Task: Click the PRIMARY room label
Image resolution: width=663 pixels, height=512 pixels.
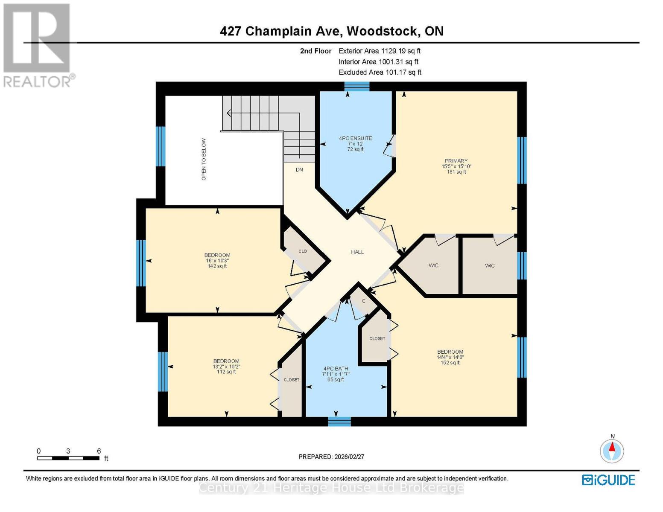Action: tap(456, 161)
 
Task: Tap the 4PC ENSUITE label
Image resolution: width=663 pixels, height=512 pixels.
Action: tap(355, 138)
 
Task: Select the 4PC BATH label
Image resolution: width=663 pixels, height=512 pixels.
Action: tap(336, 369)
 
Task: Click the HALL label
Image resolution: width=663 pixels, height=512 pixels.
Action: tap(357, 252)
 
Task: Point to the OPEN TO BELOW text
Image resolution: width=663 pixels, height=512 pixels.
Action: tap(204, 159)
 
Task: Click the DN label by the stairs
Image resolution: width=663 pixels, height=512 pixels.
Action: tap(299, 169)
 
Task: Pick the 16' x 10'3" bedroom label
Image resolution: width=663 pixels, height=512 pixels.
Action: tap(217, 256)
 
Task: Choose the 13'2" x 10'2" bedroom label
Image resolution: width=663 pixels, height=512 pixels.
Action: tap(226, 361)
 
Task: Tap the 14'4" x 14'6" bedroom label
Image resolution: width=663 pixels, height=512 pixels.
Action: tap(450, 352)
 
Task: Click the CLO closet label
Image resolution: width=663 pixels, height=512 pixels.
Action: tap(302, 251)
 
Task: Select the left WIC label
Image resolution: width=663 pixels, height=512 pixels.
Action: tap(433, 265)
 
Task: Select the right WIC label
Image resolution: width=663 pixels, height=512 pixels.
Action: tap(490, 265)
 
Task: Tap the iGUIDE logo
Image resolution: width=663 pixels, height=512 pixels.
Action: tap(608, 480)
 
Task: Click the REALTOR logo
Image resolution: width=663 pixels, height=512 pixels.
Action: tap(38, 45)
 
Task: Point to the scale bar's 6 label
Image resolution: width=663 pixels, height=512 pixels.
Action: tap(99, 451)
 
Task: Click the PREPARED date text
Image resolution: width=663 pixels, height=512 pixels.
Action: tap(331, 457)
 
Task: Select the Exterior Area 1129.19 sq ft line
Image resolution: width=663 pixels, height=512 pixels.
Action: tap(380, 51)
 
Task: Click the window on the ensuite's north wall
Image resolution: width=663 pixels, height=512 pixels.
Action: tap(357, 87)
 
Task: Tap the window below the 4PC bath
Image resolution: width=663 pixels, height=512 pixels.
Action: tap(339, 422)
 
